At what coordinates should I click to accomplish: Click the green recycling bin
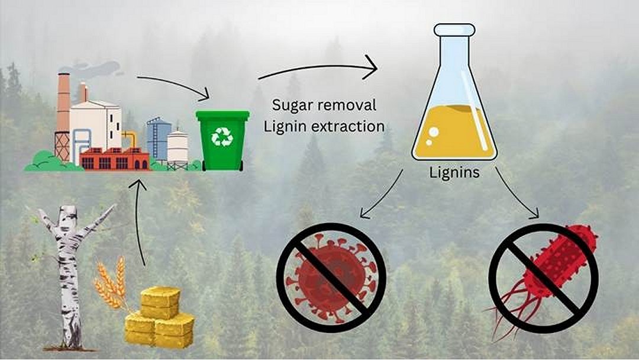point(222,142)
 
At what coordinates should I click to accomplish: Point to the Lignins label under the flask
point(454,174)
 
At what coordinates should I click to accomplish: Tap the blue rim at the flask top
point(454,29)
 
